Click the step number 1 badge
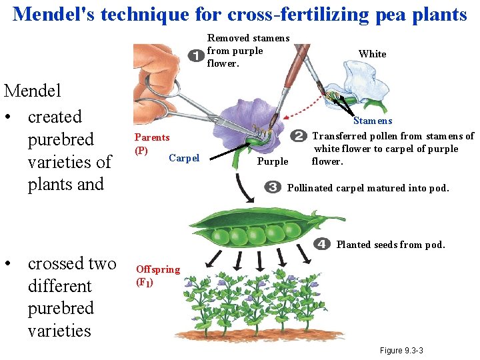click(196, 54)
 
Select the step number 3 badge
click(272, 187)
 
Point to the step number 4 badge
click(323, 244)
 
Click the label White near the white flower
click(372, 54)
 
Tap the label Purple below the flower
click(273, 161)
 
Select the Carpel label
click(184, 158)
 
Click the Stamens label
click(373, 121)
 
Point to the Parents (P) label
click(151, 143)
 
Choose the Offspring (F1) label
click(157, 275)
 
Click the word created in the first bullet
click(55, 117)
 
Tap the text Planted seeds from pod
click(391, 245)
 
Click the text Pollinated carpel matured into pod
click(368, 188)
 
